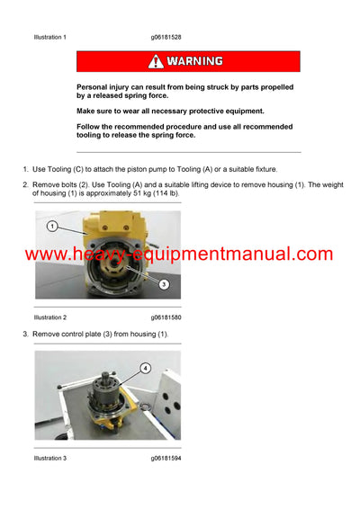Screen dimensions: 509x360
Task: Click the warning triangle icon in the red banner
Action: tap(156, 61)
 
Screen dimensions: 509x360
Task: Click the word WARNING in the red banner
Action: tap(193, 61)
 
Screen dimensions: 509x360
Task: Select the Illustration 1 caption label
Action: tap(49, 38)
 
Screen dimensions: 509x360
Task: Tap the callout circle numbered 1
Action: tap(52, 226)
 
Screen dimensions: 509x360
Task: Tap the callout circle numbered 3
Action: tap(164, 284)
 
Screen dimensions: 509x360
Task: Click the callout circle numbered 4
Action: tap(146, 367)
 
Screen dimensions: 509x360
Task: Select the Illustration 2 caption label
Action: tap(49, 317)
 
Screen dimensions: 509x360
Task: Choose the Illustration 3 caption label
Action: tap(49, 459)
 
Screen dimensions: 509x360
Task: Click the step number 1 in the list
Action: tap(25, 169)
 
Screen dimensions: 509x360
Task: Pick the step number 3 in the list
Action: tap(25, 335)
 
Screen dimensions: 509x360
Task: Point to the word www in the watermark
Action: tap(47, 254)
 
